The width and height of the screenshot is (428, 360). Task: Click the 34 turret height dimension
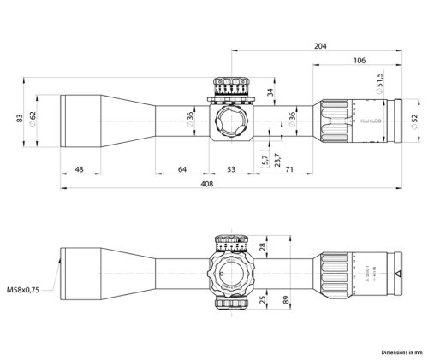pyautogui.click(x=270, y=92)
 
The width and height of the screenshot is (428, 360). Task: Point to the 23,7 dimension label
pyautogui.click(x=276, y=156)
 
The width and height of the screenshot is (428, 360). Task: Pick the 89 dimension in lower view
pyautogui.click(x=283, y=299)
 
